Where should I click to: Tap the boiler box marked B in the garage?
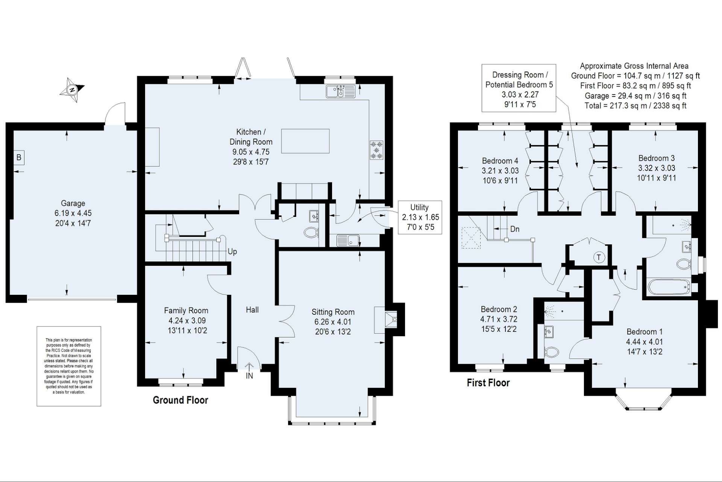(19, 157)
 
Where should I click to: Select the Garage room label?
(73, 203)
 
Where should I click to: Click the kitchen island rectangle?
(305, 141)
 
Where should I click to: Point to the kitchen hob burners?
(377, 150)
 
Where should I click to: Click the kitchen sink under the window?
(341, 92)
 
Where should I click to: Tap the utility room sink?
(348, 240)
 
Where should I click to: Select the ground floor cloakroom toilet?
(311, 233)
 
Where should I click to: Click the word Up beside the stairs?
(232, 252)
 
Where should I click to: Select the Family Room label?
(186, 311)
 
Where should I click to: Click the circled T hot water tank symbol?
(599, 258)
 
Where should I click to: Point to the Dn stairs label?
(515, 229)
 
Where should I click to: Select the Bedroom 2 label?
(499, 310)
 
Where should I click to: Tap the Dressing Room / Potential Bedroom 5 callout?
(519, 88)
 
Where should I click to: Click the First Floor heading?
(488, 383)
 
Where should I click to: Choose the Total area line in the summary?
(636, 106)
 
